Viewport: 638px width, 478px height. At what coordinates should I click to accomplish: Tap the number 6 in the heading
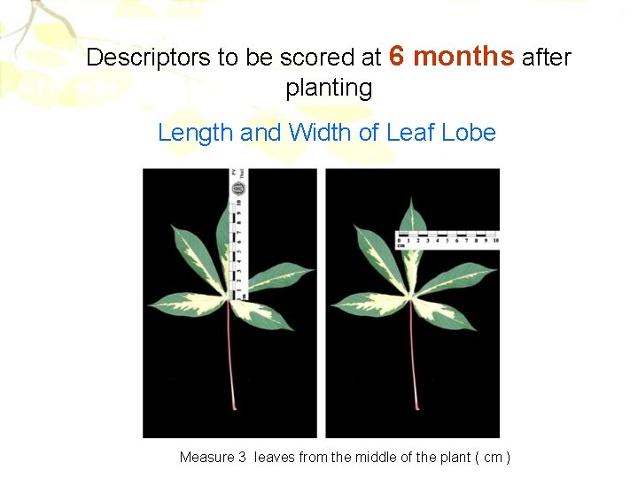tap(398, 57)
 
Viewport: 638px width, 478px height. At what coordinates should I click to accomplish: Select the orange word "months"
tap(463, 57)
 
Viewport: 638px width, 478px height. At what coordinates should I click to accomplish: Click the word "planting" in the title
tap(329, 89)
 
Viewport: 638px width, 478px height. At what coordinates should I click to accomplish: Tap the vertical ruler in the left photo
tap(237, 235)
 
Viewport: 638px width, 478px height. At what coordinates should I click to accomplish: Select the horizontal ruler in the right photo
tap(447, 240)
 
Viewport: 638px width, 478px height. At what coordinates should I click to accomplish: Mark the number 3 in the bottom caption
tap(242, 458)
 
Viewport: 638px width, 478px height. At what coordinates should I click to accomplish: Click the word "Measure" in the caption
tap(207, 458)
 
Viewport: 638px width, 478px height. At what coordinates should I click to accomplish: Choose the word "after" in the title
tap(546, 58)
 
